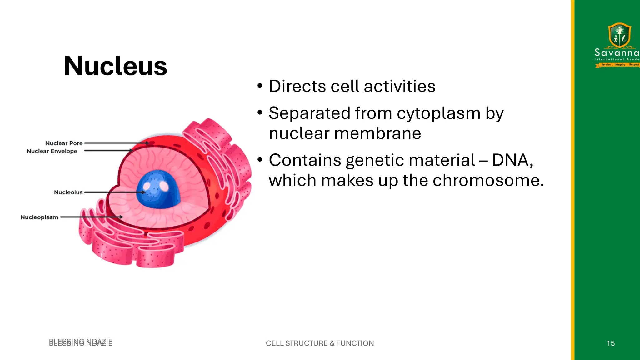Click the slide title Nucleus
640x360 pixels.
(115, 66)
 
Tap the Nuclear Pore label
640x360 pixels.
(64, 143)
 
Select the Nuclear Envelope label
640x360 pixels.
(52, 151)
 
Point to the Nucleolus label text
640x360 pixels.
(68, 192)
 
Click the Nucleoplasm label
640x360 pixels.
(39, 217)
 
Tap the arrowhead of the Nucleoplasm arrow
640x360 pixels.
(121, 217)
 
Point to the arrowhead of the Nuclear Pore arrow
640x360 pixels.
(147, 143)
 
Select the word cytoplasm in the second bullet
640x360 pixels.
(438, 113)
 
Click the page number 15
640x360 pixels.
(611, 343)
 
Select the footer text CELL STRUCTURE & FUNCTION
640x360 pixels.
(320, 343)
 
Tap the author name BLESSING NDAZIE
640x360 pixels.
(81, 342)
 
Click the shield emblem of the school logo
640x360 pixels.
(619, 35)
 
